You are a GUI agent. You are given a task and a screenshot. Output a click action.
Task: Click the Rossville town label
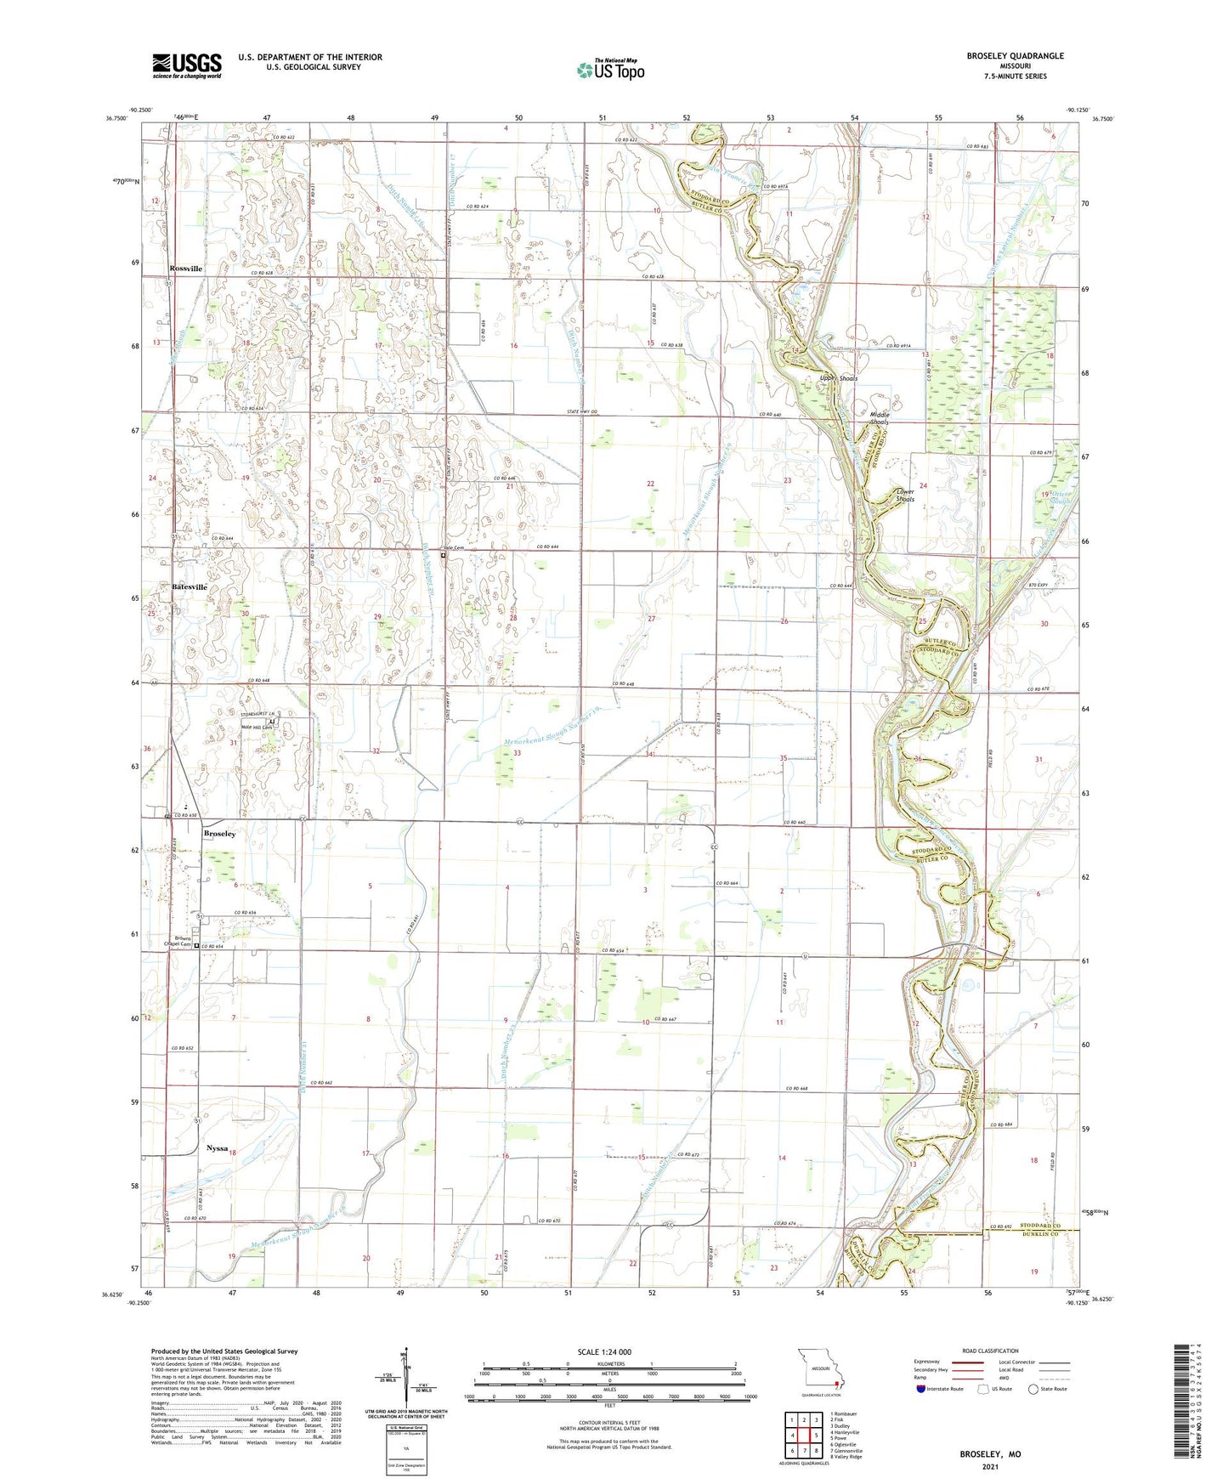(186, 269)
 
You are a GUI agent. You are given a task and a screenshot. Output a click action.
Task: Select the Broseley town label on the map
(219, 834)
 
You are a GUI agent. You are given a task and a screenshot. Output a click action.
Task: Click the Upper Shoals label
(839, 378)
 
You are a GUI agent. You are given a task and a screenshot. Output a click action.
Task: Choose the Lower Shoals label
(906, 495)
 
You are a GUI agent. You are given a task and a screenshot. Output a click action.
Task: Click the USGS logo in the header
(187, 65)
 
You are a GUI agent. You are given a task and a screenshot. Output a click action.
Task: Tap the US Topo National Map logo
(609, 70)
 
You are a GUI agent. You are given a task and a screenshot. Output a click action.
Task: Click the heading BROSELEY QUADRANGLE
(1015, 56)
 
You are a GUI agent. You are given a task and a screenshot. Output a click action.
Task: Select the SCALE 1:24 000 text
(603, 1352)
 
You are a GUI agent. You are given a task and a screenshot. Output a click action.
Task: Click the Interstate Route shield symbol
(923, 1389)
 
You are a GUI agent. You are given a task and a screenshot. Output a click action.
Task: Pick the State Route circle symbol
(1033, 1389)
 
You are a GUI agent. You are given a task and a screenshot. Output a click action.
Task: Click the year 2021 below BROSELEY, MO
(990, 1466)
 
